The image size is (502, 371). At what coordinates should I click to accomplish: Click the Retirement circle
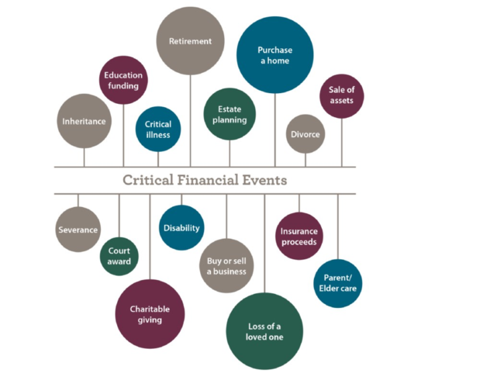coord(190,41)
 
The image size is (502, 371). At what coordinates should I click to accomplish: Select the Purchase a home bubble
coord(275,55)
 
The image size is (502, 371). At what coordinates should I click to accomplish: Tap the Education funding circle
coord(123,80)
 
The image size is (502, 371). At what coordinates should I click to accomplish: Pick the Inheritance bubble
coord(84,121)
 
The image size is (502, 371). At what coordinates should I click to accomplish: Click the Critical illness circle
coord(158,129)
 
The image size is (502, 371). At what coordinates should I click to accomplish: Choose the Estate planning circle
coord(230,114)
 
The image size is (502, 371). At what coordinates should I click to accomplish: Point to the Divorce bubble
coord(305,134)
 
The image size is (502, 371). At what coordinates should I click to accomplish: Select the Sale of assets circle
coord(341,96)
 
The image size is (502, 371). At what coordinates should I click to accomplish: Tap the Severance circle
coord(78,230)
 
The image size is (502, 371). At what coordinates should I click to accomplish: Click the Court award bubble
coord(119,256)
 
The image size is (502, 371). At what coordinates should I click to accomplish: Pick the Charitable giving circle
coord(150,314)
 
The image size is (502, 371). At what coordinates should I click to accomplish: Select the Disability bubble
coord(181,228)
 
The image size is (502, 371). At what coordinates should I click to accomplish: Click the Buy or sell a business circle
coord(226,266)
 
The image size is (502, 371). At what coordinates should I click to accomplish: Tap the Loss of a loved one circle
coord(264,331)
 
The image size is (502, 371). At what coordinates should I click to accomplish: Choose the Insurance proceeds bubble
coord(299,236)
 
